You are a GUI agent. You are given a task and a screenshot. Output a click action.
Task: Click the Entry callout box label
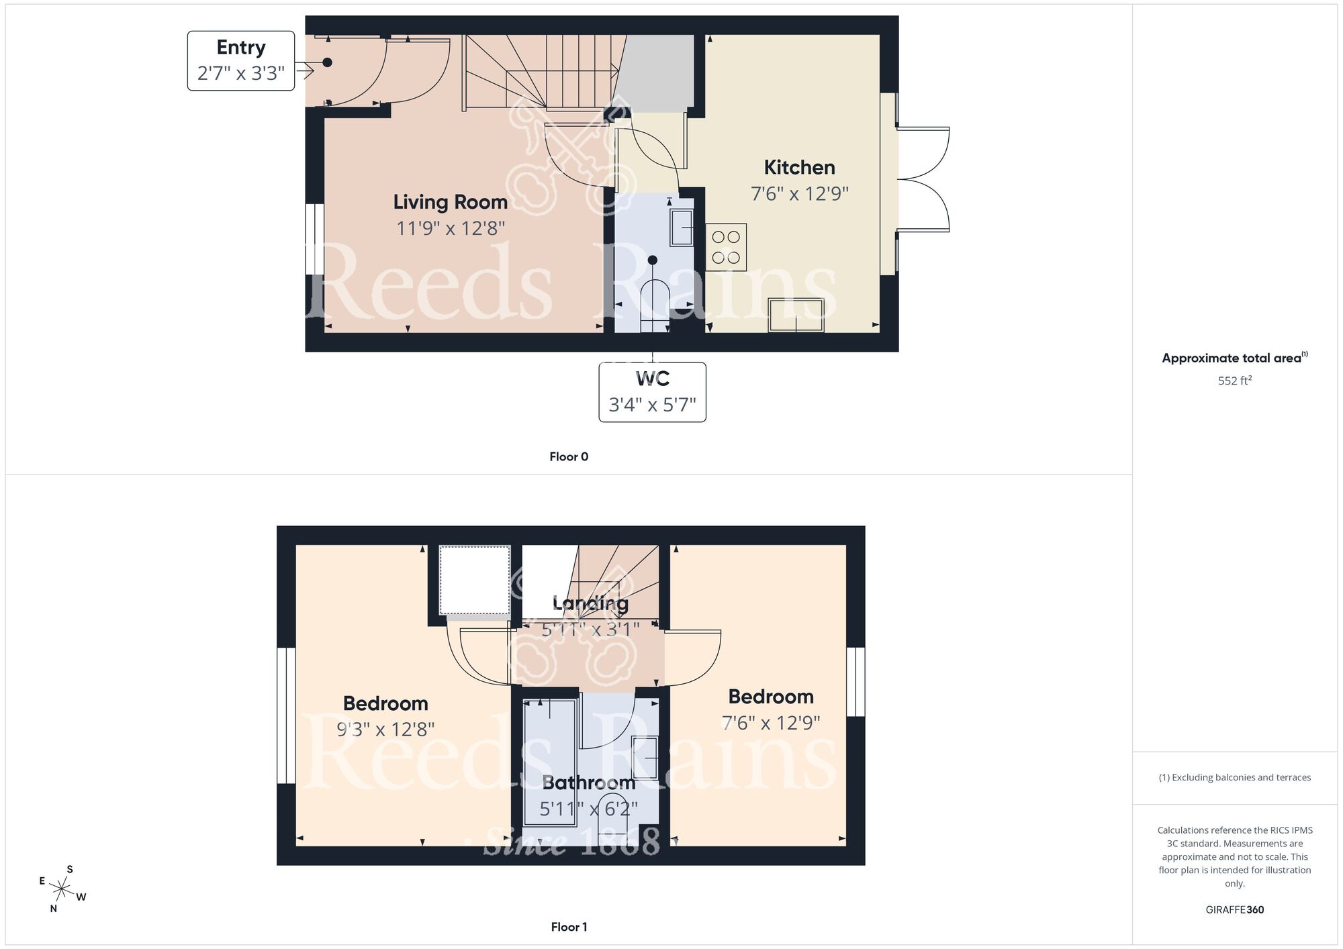click(240, 60)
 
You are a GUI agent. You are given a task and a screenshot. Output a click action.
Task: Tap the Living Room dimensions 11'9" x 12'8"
click(450, 229)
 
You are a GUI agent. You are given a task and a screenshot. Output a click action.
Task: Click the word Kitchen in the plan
click(799, 167)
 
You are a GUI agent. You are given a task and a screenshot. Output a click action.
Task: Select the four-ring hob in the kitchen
click(726, 247)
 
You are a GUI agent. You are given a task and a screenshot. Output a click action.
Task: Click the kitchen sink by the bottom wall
click(796, 315)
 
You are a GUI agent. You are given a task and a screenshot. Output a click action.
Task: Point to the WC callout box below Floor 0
click(652, 392)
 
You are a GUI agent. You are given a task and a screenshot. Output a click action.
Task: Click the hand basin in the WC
click(682, 228)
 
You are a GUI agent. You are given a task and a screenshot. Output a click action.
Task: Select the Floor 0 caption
click(569, 457)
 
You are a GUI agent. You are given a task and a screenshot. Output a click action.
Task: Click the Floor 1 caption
click(569, 927)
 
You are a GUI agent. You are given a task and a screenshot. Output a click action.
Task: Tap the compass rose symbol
click(62, 889)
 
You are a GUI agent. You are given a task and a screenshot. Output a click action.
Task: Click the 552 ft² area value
click(1234, 381)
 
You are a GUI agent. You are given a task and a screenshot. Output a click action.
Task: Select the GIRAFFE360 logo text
click(1234, 910)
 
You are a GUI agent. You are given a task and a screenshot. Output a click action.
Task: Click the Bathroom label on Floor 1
click(588, 783)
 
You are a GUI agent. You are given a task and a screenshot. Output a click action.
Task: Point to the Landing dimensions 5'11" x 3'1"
click(590, 630)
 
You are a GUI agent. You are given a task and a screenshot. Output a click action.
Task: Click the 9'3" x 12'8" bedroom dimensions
click(385, 730)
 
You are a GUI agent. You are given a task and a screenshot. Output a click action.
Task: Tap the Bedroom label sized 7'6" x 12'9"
click(770, 697)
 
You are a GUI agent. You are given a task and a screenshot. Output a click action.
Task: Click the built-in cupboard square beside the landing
click(475, 580)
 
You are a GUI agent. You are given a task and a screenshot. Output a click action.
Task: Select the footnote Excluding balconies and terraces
click(1234, 777)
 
